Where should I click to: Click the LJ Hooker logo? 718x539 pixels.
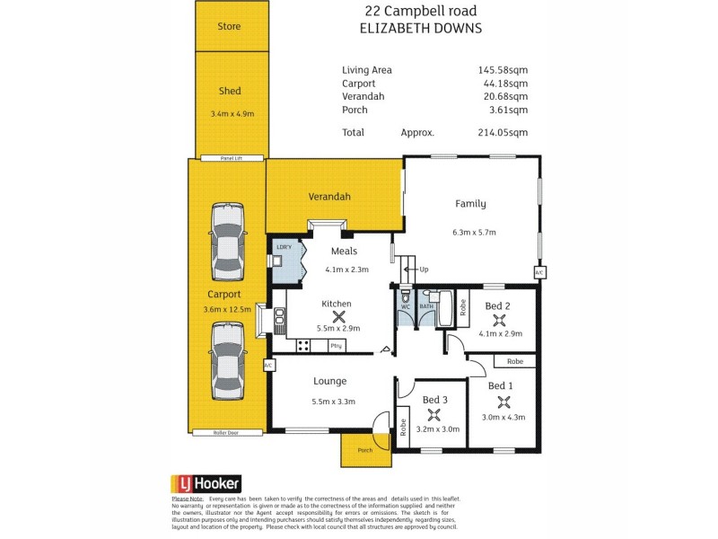tap(206, 483)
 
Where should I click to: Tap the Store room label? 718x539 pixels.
tap(230, 27)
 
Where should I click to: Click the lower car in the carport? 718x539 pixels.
tap(227, 360)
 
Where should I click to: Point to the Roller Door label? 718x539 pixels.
tap(227, 432)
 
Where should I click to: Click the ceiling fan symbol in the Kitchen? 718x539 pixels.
tap(339, 315)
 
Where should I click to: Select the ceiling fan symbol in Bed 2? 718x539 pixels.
tap(497, 319)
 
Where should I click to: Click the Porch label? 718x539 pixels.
tap(365, 450)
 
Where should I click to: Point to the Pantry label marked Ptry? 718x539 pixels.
tap(337, 345)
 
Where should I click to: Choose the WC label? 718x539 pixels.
tap(405, 306)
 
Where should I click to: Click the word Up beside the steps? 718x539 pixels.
tap(425, 269)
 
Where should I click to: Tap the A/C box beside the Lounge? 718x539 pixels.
tap(268, 366)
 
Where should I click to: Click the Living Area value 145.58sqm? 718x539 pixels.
tap(503, 70)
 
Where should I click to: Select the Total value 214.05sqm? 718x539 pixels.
tap(503, 132)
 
